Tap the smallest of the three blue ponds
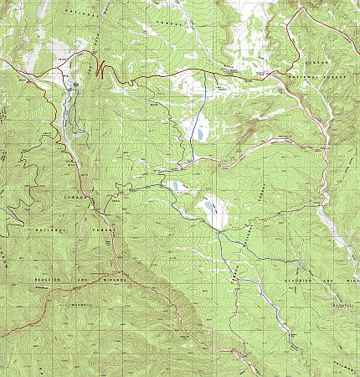[x=175, y=187]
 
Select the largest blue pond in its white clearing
[x=210, y=209]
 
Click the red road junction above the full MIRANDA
[x=121, y=272]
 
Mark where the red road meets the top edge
[x=299, y=3]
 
